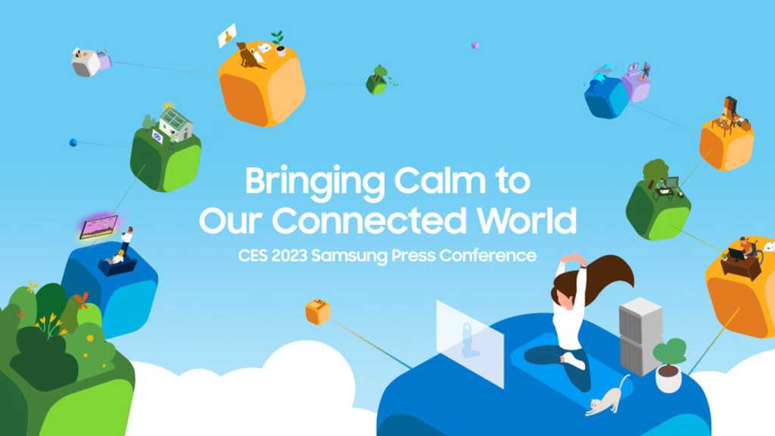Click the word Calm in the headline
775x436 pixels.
pyautogui.click(x=440, y=181)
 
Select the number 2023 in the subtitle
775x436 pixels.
pyautogui.click(x=289, y=256)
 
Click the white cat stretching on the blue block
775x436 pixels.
pyautogui.click(x=608, y=396)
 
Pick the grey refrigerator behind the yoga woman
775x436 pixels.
pyautogui.click(x=641, y=336)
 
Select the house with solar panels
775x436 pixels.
pyautogui.click(x=175, y=124)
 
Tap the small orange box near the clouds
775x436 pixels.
pyautogui.click(x=318, y=312)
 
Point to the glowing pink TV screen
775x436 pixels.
pyautogui.click(x=99, y=227)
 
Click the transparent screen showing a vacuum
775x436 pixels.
pyautogui.click(x=469, y=343)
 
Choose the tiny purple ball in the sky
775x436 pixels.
pyautogui.click(x=475, y=45)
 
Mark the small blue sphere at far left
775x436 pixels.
pyautogui.click(x=73, y=143)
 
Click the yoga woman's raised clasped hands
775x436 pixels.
pyautogui.click(x=575, y=258)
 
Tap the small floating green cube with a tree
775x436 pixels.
pyautogui.click(x=377, y=80)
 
